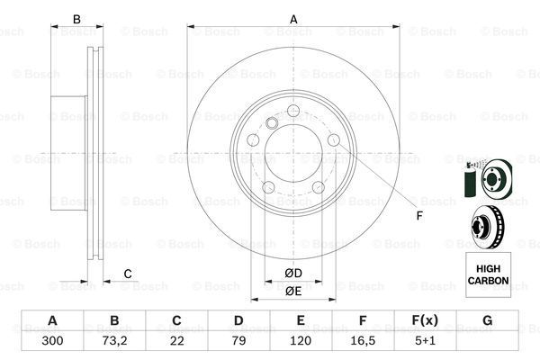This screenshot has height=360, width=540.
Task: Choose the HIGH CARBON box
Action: [x=487, y=274]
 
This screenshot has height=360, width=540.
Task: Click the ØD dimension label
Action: [x=293, y=273]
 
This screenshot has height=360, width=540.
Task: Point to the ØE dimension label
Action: [x=293, y=291]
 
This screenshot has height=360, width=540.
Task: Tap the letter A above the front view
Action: [x=293, y=20]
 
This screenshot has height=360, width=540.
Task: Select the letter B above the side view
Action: [x=77, y=20]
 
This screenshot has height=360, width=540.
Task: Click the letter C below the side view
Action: [x=128, y=274]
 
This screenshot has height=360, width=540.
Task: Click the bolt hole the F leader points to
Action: [x=333, y=141]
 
